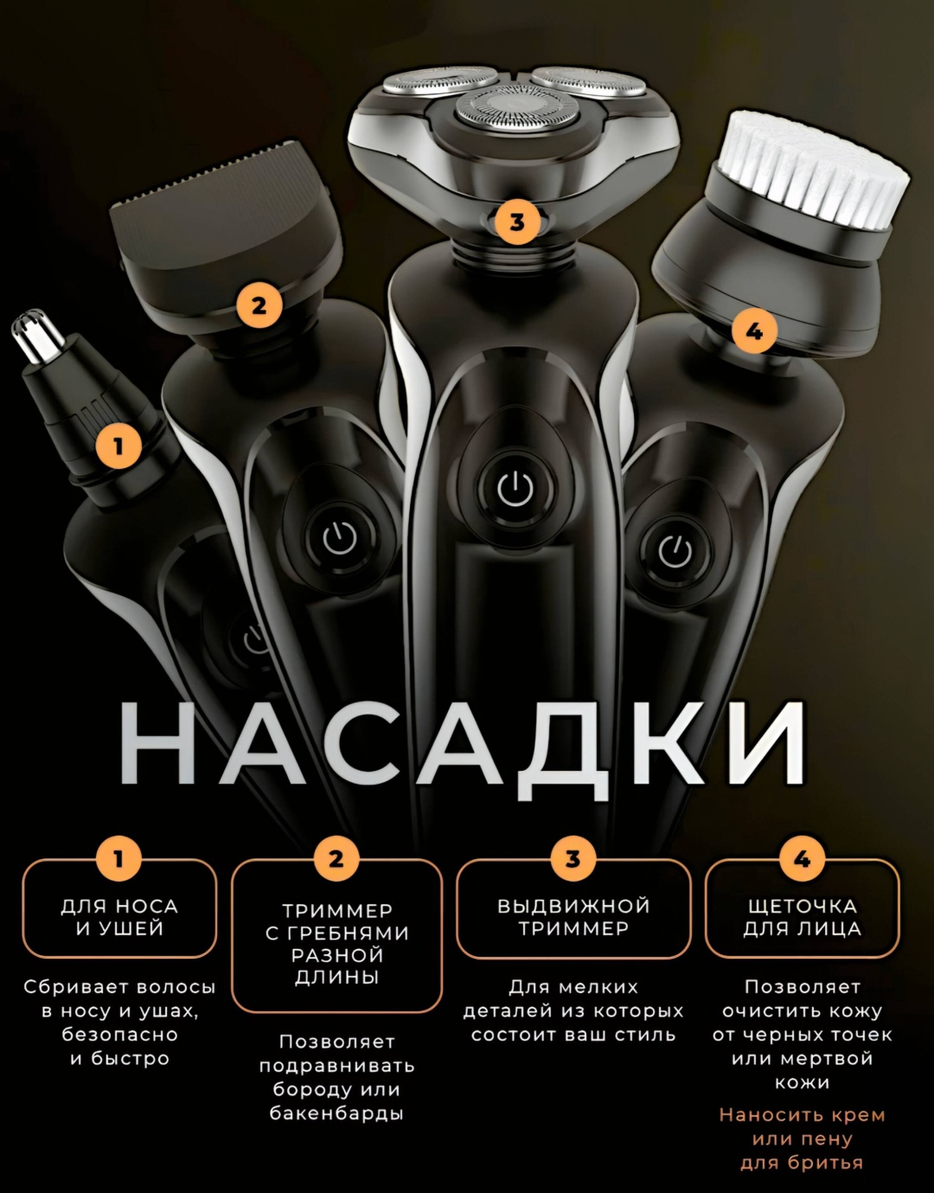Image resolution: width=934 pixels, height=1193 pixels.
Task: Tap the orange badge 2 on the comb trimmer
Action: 259,305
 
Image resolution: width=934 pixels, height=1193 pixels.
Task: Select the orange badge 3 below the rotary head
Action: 517,222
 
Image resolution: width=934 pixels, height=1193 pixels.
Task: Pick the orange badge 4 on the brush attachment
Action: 754,331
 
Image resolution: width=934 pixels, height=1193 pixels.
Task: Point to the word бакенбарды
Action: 337,1113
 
